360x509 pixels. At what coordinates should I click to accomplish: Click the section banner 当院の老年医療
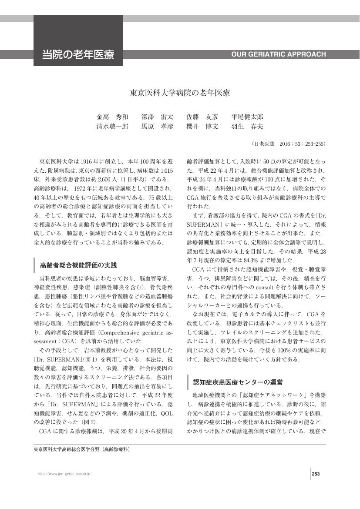point(78,55)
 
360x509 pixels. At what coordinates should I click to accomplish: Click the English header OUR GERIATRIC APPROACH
point(278,54)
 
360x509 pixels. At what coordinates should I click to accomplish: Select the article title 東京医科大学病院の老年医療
point(180,93)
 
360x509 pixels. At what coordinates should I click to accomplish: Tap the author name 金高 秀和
point(112,117)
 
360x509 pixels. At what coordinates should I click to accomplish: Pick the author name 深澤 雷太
point(157,117)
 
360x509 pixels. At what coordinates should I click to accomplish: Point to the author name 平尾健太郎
point(247,117)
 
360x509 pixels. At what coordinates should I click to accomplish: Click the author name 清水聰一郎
point(112,127)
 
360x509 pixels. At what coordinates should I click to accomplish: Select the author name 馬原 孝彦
point(157,127)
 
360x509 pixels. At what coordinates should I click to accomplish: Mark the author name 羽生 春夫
point(247,127)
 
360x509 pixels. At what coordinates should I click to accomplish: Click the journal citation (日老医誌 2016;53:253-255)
point(288,144)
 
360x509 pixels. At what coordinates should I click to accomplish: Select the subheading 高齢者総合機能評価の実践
point(78,265)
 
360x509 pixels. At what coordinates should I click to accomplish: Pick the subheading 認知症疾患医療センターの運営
point(238,382)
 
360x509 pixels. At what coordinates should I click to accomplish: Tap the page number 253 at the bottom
point(316,474)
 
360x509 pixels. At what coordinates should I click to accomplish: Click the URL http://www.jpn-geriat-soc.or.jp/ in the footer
point(65,474)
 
